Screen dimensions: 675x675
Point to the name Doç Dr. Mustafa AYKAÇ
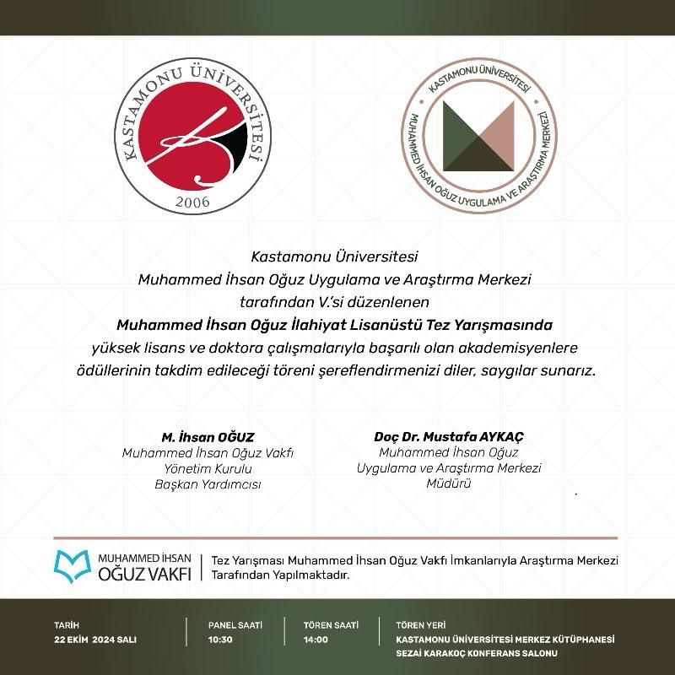tap(449, 437)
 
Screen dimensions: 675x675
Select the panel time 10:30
tap(220, 640)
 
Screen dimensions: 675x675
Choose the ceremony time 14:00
tap(316, 640)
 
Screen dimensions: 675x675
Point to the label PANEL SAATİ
tap(235, 625)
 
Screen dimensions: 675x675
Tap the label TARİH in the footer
tap(66, 625)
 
